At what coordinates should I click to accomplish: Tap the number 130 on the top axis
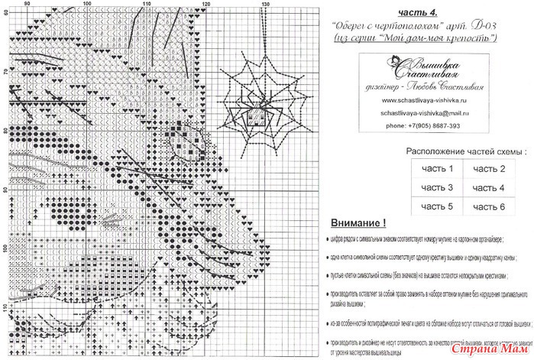(x=265, y=5)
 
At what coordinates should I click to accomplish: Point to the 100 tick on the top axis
(x=86, y=5)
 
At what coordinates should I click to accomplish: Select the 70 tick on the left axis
(x=5, y=71)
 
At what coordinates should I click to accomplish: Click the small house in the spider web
(x=254, y=115)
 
